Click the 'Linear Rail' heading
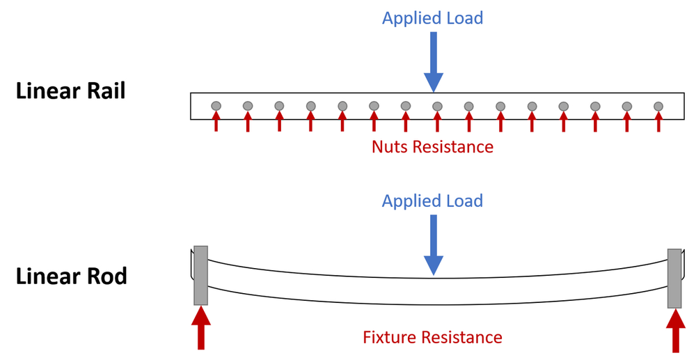click(71, 91)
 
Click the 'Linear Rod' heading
click(71, 276)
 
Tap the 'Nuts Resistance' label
click(432, 147)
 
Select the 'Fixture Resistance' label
click(432, 338)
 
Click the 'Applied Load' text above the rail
click(432, 18)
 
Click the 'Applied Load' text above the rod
click(432, 201)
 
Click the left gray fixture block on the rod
click(200, 276)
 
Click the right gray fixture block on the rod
click(674, 279)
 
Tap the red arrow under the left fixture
click(200, 328)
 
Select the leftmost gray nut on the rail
click(216, 106)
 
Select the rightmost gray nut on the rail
click(658, 106)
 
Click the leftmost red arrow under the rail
click(216, 123)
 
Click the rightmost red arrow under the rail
click(658, 123)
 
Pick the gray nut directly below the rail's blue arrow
click(437, 106)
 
